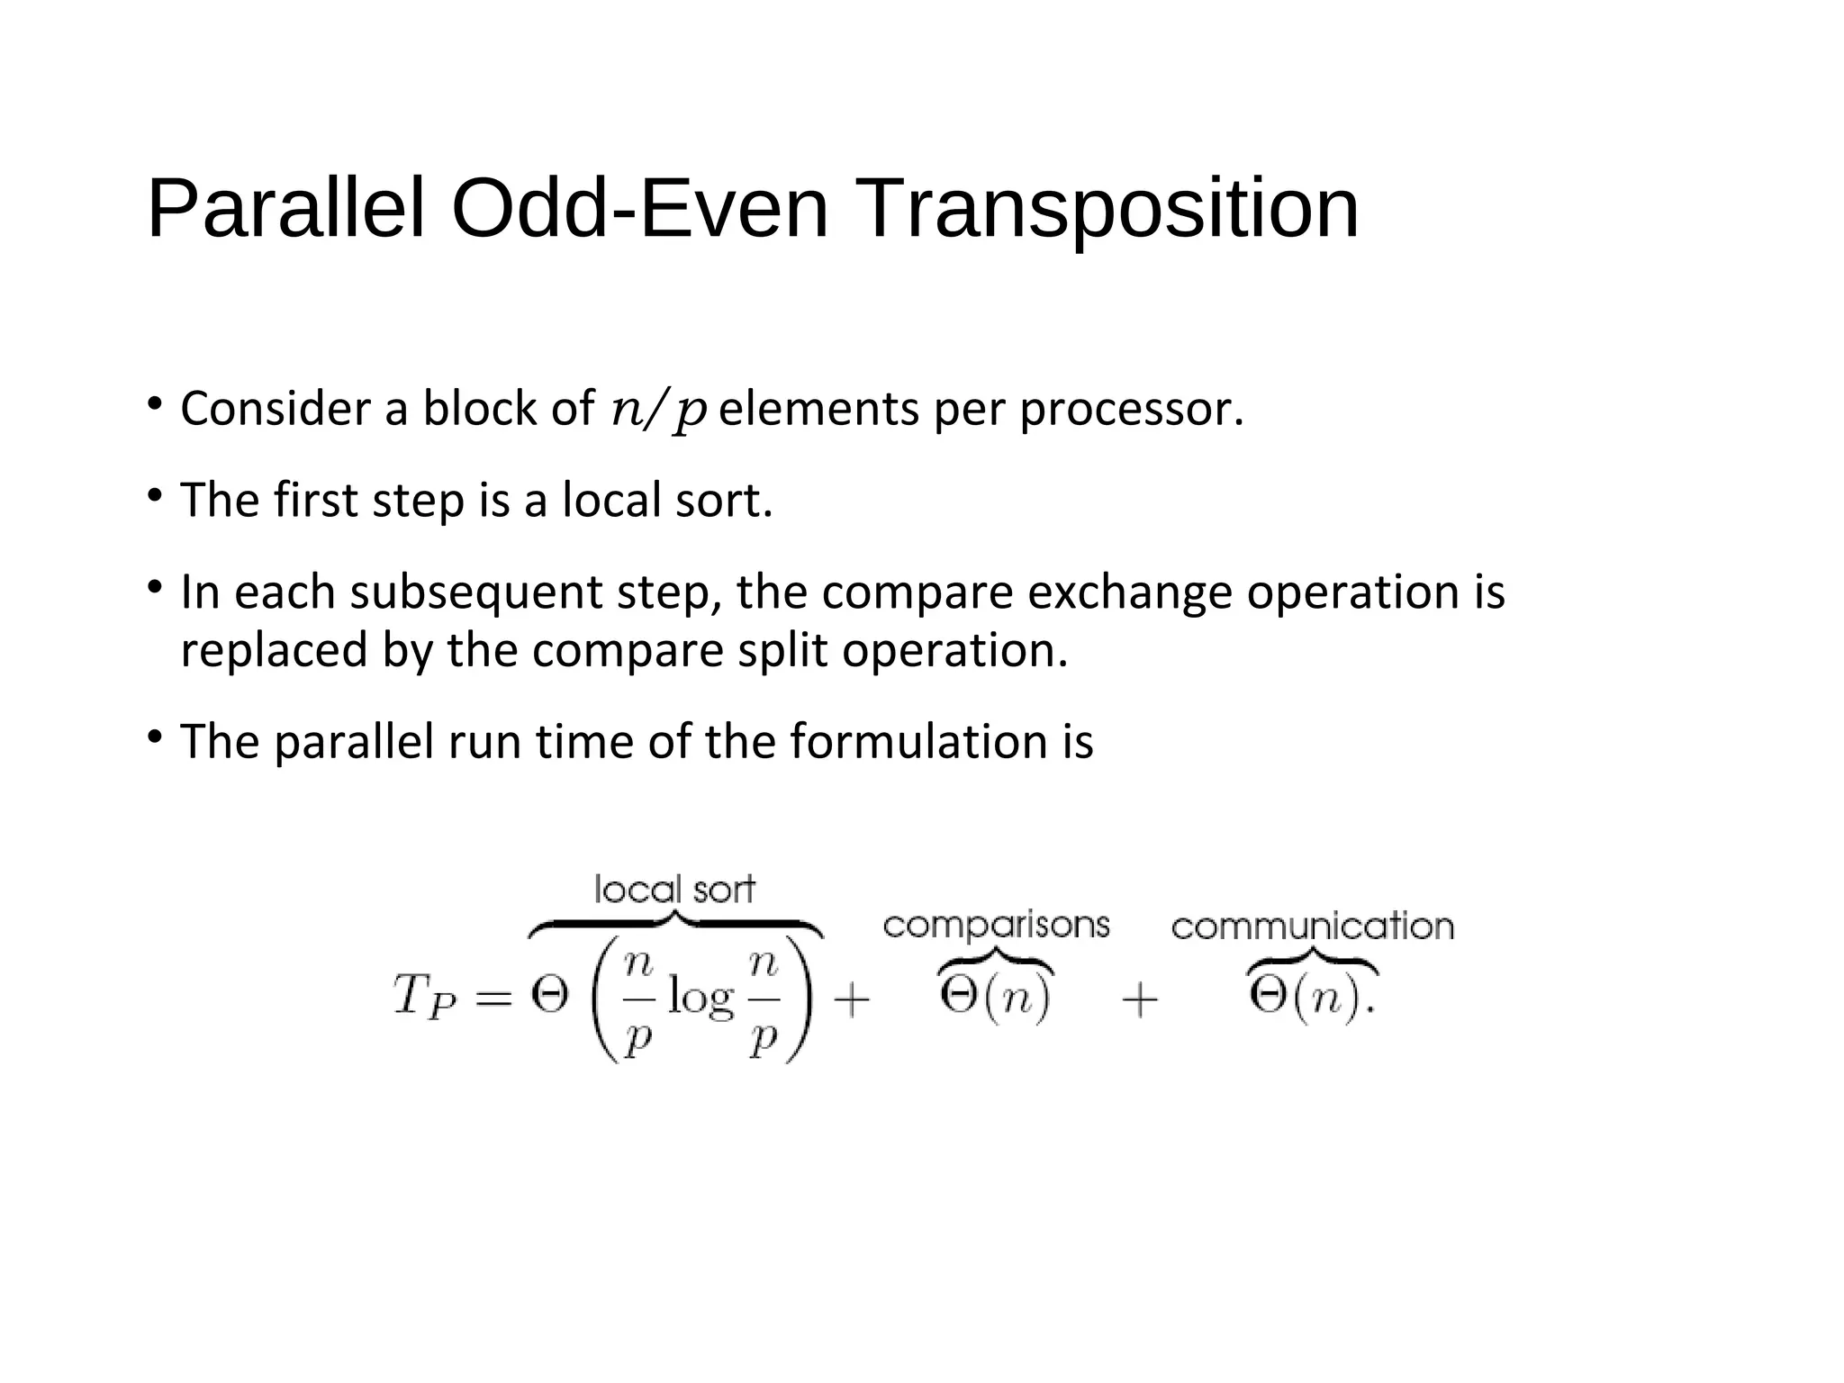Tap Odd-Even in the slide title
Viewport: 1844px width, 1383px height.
[639, 209]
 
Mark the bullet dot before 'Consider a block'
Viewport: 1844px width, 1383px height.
[155, 402]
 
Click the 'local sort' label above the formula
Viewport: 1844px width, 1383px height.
[674, 890]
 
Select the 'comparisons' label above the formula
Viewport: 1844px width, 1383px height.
[996, 925]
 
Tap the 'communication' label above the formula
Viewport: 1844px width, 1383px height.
[1312, 926]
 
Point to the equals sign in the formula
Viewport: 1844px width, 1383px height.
[493, 998]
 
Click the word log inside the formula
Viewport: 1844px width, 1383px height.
[701, 999]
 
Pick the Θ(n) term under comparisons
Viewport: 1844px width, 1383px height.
[995, 998]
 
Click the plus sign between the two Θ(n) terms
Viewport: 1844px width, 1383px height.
[1139, 999]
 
